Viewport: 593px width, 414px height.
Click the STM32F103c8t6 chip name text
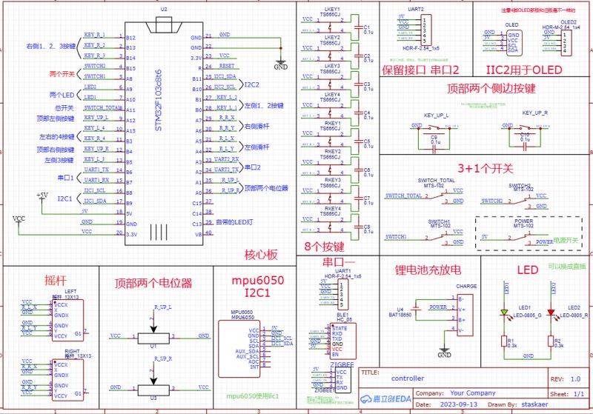tap(158, 100)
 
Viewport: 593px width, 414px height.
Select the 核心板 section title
tap(261, 255)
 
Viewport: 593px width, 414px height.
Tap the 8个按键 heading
tap(323, 247)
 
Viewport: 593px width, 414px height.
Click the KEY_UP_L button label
tap(436, 115)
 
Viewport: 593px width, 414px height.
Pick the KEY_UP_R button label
tap(534, 113)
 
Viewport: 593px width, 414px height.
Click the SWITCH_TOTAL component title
tap(437, 181)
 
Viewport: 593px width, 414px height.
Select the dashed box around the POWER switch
tap(523, 232)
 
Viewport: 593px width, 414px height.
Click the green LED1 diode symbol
tap(503, 313)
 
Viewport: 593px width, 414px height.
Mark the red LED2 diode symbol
tap(550, 313)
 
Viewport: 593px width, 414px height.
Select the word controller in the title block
tap(408, 378)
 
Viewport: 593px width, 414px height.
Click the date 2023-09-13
tap(458, 405)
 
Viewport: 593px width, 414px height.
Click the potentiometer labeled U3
tap(153, 387)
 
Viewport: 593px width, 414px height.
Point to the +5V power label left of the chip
tap(43, 195)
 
